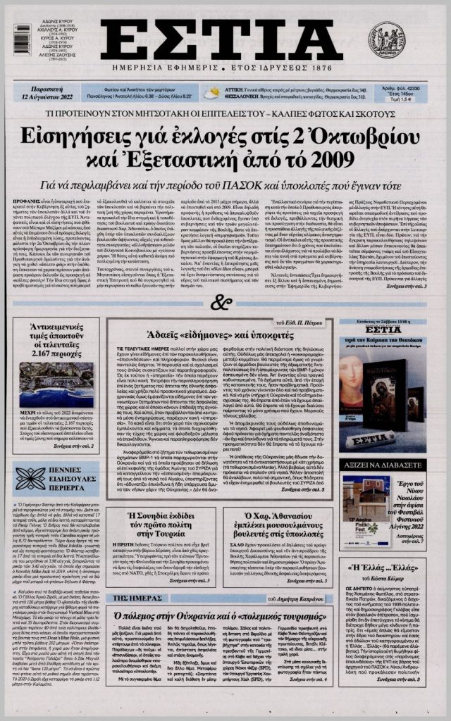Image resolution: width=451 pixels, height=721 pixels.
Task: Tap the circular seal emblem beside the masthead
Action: click(x=387, y=39)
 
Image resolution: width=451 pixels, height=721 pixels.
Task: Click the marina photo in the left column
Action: click(x=56, y=384)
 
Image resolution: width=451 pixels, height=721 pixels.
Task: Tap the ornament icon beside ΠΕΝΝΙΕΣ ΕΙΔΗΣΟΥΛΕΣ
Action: click(x=30, y=478)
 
